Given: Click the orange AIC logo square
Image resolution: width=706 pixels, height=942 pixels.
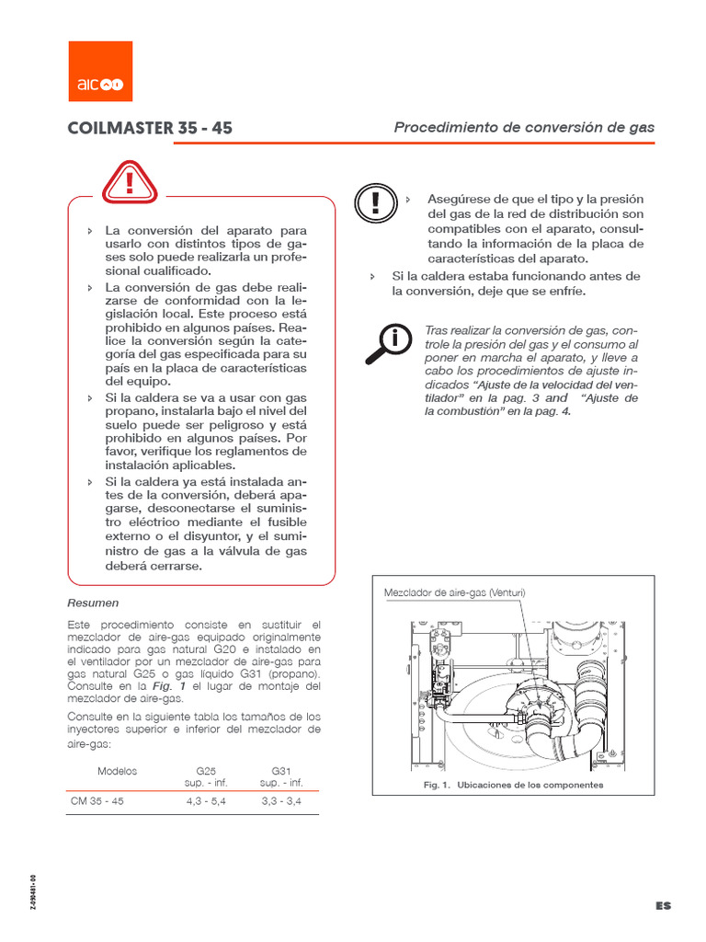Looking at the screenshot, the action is pos(100,71).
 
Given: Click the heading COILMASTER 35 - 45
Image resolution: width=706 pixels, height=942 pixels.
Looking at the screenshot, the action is pos(150,128).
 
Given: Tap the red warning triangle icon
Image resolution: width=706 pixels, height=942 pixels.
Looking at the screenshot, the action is pos(130,181).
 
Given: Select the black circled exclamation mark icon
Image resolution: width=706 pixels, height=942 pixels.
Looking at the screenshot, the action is pos(376,203).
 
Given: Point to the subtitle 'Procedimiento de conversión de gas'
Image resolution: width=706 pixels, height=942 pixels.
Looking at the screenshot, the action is pos(524,127).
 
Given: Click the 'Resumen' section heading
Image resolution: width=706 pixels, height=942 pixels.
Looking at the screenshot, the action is pos(93,603).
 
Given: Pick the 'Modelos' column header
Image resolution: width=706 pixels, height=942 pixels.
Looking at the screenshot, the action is pos(117,771).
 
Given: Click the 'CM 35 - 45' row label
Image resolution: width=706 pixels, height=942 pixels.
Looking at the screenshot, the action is pos(97,801).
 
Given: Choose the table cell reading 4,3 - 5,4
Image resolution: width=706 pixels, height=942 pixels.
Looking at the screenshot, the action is pos(206,801).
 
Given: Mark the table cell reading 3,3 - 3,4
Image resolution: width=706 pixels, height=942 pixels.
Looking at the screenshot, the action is pos(281,801).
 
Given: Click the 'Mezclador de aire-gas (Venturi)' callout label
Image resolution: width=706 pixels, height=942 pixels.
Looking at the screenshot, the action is pos(454,592).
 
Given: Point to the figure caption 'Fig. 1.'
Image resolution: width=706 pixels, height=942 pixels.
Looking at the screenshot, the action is pos(437,785).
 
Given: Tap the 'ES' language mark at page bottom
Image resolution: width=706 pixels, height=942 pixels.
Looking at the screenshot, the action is pos(664,905).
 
